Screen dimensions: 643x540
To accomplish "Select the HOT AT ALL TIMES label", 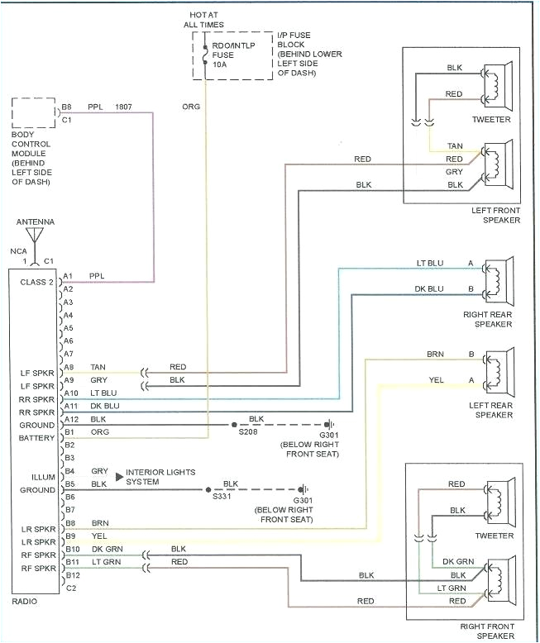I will [x=203, y=20].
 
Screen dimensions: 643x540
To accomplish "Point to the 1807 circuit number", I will [x=123, y=107].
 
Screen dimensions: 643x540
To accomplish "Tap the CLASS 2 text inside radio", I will [x=36, y=282].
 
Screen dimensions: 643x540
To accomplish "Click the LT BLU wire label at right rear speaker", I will [x=430, y=263].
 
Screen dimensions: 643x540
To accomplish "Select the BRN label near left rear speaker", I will [x=435, y=354].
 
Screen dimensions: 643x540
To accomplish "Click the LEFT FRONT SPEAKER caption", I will [x=495, y=215].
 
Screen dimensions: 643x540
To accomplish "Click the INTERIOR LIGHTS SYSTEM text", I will [x=160, y=477].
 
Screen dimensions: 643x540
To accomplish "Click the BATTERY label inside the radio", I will [x=37, y=438].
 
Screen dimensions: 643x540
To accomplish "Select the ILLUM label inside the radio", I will [x=43, y=476].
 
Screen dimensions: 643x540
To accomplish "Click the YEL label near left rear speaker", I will [x=436, y=380].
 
